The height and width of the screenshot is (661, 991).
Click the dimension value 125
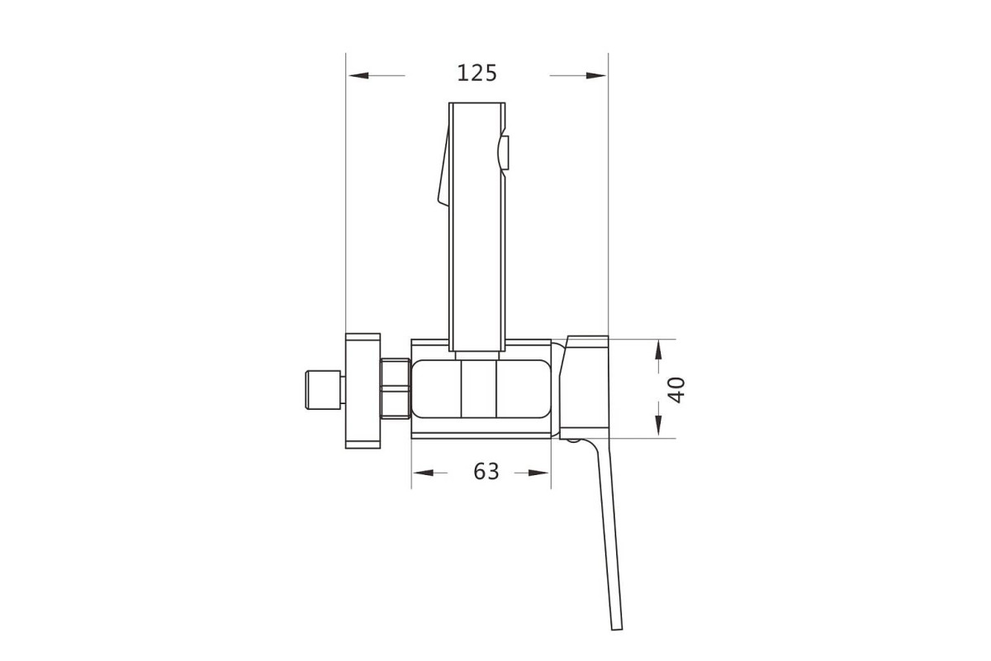point(477,73)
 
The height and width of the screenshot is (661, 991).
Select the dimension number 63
point(486,472)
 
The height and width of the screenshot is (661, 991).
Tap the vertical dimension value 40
point(676,390)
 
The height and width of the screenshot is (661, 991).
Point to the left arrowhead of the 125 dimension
point(358,76)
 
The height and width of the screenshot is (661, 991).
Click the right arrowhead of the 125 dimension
point(596,76)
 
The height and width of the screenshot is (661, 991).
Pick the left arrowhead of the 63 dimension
point(424,473)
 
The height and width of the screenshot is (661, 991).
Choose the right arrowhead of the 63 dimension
point(538,473)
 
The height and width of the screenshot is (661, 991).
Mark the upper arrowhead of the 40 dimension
point(659,350)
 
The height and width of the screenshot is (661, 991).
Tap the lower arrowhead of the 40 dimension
point(659,425)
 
